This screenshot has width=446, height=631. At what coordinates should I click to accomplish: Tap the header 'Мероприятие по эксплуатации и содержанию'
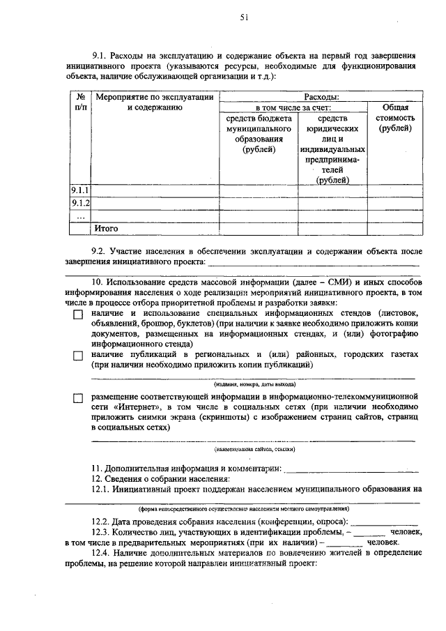154,102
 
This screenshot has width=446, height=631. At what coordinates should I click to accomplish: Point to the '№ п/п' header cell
80,102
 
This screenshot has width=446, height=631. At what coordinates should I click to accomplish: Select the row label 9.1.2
81,203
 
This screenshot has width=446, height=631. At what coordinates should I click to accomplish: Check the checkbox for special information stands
78,315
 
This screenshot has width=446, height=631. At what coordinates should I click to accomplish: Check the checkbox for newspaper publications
78,356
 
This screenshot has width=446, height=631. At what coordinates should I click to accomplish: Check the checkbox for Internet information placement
78,398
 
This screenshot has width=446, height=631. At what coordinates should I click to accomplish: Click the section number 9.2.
100,250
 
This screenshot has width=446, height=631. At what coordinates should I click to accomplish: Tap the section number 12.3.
102,533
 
